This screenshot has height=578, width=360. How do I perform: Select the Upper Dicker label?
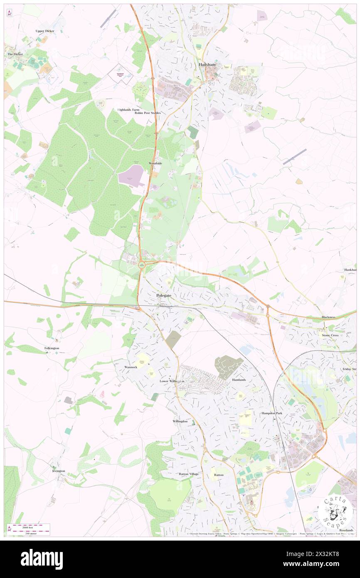pos(45,31)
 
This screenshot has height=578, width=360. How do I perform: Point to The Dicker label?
pos(15,54)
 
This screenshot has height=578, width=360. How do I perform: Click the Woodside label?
pos(155,163)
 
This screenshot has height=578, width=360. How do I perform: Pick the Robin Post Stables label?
pos(147,113)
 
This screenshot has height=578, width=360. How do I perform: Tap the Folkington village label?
pos(52,348)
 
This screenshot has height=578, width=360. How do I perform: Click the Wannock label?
pos(131,367)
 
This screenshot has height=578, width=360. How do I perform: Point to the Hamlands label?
pos(239,380)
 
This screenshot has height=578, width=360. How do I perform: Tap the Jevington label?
pos(59,471)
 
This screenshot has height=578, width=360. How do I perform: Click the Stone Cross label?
pos(330,335)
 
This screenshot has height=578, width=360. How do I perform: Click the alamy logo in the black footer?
pos(42,559)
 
